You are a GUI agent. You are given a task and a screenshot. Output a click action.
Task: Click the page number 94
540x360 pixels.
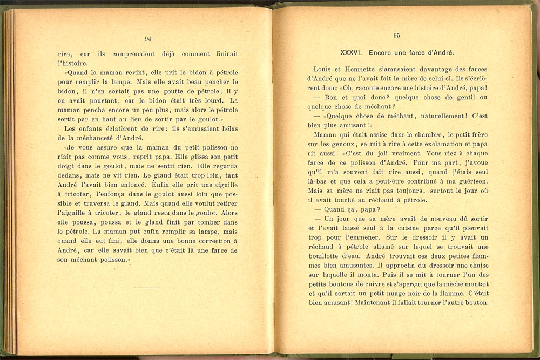pyautogui.click(x=148, y=38)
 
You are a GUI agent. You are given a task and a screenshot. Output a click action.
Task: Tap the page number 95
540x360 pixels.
pyautogui.click(x=396, y=36)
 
